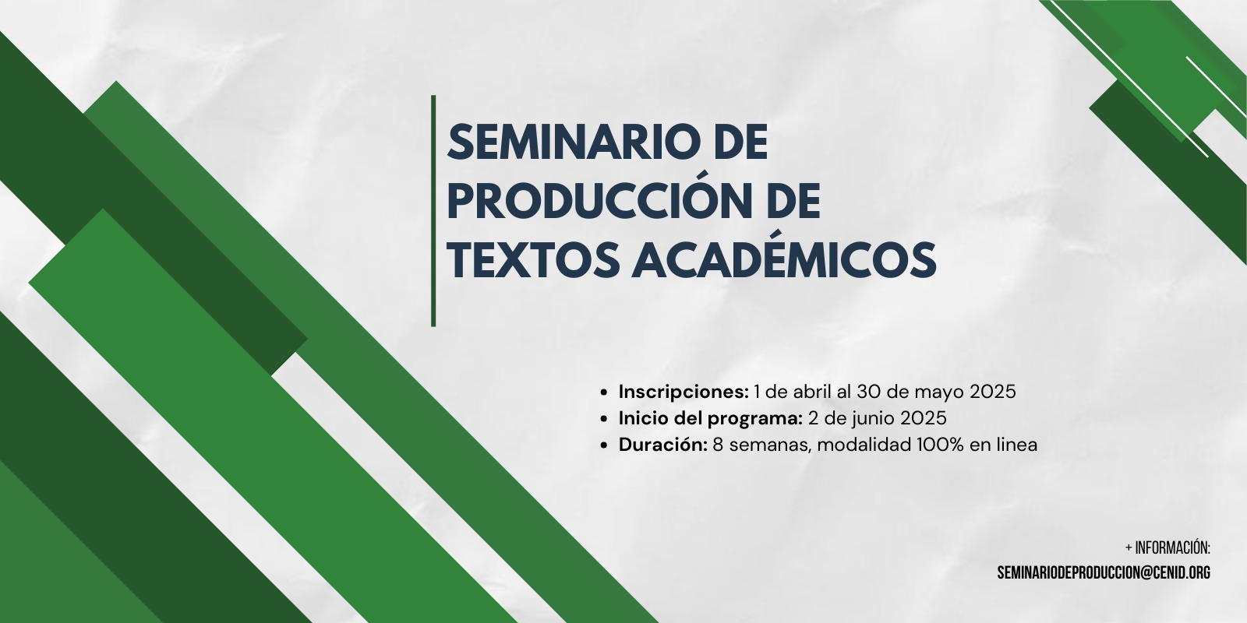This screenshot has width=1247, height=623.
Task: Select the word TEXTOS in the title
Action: coord(533,259)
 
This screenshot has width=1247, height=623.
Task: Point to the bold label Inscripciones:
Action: coord(684,392)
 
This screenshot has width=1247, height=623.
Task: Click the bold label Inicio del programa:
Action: coord(710,419)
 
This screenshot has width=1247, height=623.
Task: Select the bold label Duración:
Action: coord(663,445)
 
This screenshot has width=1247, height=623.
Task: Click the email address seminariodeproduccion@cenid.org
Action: coord(1104,573)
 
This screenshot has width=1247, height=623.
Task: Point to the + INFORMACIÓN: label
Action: coord(1168,548)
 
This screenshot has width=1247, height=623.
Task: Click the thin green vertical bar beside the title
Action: coord(433,211)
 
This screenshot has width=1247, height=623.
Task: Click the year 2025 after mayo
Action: coord(993,392)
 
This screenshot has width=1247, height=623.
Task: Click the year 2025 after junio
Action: coord(924,419)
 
